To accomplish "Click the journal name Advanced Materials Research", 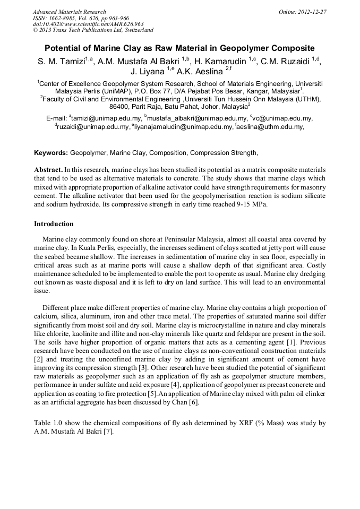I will coord(69,12).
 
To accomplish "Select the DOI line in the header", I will coord(88,24).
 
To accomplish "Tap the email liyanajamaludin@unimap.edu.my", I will coord(175,127).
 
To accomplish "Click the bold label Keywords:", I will coord(51,153).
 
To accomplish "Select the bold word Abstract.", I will coord(48,169).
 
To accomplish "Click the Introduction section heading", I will coord(54,224).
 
